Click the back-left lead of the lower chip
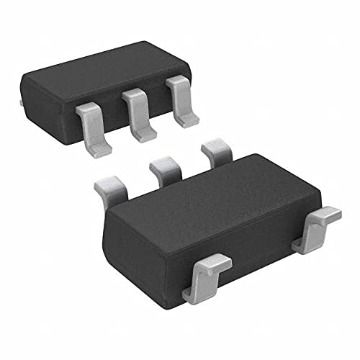112,189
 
